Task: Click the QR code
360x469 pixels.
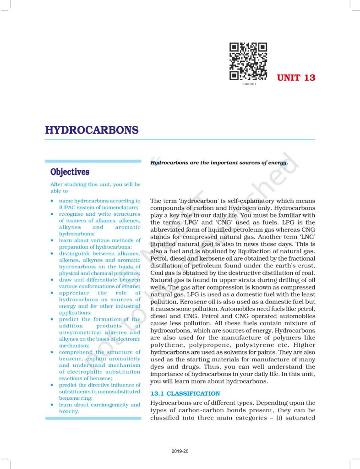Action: [248, 61]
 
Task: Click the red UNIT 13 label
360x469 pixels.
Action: [296, 77]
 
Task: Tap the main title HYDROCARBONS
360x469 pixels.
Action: [92, 130]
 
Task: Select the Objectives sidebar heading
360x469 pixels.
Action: [70, 172]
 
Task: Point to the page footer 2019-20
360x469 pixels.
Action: [180, 451]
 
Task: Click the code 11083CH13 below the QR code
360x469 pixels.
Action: [248, 84]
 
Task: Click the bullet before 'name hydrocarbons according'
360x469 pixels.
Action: [53, 201]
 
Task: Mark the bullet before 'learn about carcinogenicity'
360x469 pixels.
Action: [53, 405]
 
